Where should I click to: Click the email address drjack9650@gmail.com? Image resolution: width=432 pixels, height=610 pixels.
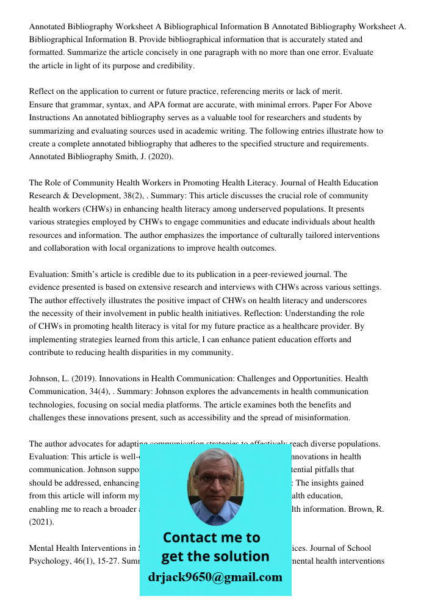(215, 577)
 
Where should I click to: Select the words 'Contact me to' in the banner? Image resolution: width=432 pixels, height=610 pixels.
(211, 537)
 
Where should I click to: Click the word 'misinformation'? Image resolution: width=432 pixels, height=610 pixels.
(321, 418)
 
